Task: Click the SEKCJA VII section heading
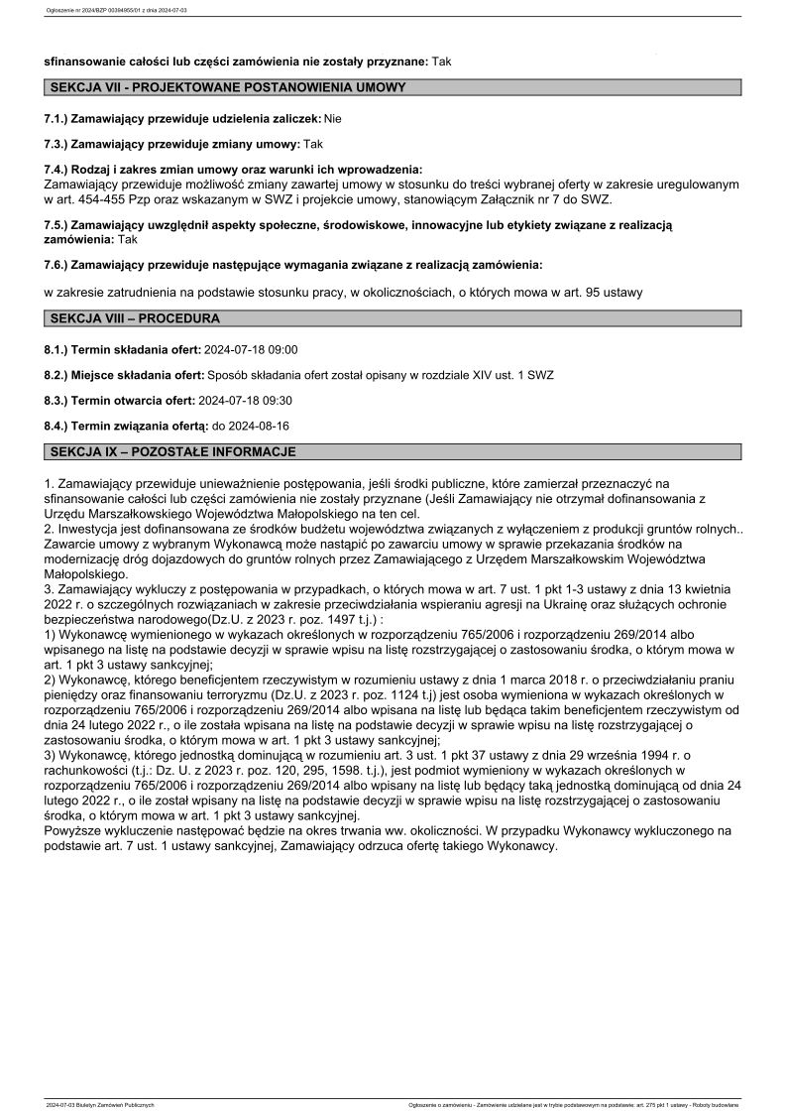[227, 88]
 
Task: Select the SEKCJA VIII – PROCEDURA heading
[135, 318]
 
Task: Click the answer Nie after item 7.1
[333, 119]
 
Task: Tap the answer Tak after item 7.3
[313, 145]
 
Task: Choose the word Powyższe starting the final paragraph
[75, 831]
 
